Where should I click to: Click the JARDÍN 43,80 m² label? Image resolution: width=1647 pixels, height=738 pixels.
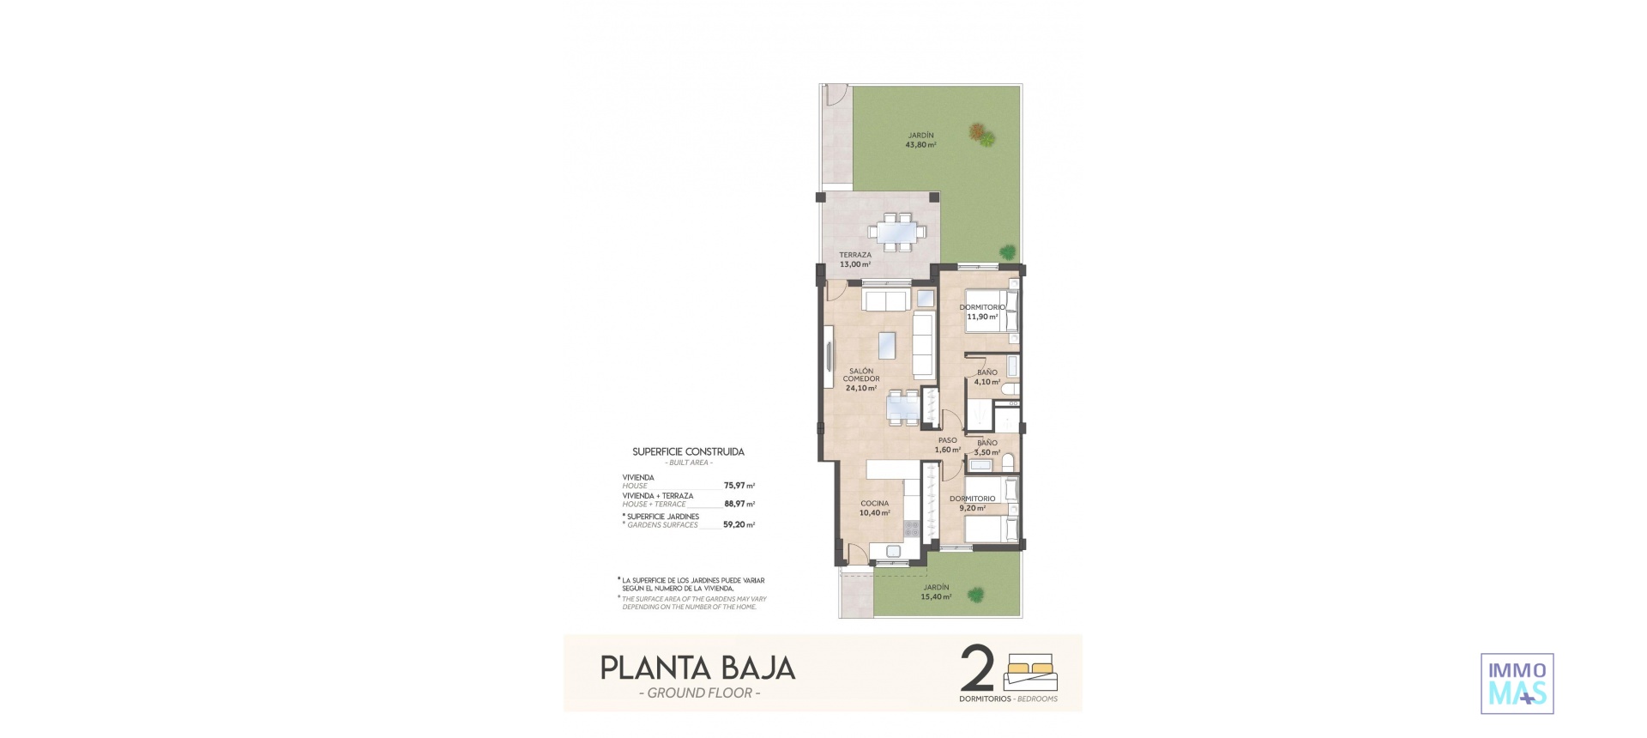920,141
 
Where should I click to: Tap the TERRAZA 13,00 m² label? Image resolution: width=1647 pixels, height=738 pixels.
855,260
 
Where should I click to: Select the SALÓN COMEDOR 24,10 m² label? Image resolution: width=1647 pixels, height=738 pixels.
860,379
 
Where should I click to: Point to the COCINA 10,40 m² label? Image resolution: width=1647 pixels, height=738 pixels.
874,508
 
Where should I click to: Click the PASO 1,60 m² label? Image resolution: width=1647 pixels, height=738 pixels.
947,445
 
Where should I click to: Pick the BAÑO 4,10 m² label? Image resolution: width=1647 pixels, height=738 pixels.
986,378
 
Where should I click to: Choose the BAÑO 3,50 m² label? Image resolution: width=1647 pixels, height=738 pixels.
986,447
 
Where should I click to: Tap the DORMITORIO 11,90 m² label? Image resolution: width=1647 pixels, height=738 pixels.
982,312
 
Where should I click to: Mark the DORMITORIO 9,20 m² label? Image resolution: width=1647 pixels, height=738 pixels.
972,503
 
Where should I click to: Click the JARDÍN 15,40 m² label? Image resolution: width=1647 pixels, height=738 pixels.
936,592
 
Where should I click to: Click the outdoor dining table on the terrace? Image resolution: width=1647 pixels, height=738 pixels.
896,232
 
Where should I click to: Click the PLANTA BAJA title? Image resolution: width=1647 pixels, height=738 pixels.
697,668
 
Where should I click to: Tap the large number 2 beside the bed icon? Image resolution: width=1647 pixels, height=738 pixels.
978,669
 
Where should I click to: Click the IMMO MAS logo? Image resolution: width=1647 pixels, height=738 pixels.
1517,684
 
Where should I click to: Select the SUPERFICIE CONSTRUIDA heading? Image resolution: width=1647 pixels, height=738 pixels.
688,451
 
